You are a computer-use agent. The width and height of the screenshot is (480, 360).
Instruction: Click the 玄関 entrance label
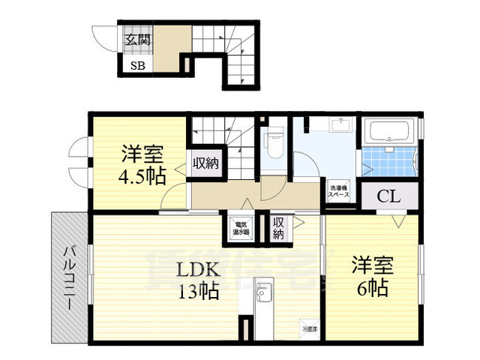click(138, 39)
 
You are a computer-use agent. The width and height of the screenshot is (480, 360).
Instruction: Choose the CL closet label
click(388, 197)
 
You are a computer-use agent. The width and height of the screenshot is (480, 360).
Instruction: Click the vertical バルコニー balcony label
click(68, 277)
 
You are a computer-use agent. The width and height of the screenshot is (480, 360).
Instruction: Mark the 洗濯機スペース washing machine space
click(338, 191)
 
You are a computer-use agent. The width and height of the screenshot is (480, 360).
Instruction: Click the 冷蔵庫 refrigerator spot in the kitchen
click(309, 328)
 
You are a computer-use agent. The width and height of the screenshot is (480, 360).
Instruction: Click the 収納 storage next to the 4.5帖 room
click(205, 163)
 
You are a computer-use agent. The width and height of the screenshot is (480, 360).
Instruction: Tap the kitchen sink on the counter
click(265, 292)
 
